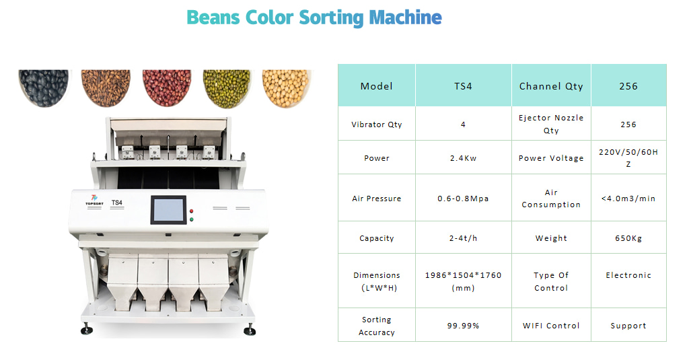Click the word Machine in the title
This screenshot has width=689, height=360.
405,17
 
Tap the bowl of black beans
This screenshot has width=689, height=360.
44,88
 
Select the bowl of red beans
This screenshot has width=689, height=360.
167,88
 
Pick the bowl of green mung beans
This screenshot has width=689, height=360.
227,88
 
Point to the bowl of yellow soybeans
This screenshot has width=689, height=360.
287,88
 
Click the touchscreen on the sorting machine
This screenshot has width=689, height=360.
169,210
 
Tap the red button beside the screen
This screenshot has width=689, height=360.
192,211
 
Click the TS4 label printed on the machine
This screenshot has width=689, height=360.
117,203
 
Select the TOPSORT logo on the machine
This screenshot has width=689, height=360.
94,200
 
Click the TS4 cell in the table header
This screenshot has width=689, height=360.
463,86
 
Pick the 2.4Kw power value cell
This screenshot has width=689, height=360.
463,158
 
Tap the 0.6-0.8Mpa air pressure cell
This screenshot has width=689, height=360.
463,199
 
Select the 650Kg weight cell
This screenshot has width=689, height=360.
628,238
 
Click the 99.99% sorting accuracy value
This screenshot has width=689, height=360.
463,325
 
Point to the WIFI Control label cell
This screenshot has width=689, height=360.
551,325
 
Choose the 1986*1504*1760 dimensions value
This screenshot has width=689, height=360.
463,281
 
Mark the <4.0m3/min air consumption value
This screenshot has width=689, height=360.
628,199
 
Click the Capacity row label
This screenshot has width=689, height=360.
377,238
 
